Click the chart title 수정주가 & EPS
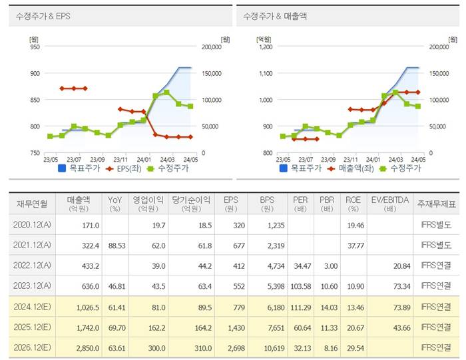click(44, 15)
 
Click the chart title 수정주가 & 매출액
click(275, 15)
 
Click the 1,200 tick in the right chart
click(264, 47)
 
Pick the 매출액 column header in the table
click(83, 202)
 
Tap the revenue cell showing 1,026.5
click(86, 307)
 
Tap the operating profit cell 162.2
click(154, 327)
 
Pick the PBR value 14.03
click(329, 307)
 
